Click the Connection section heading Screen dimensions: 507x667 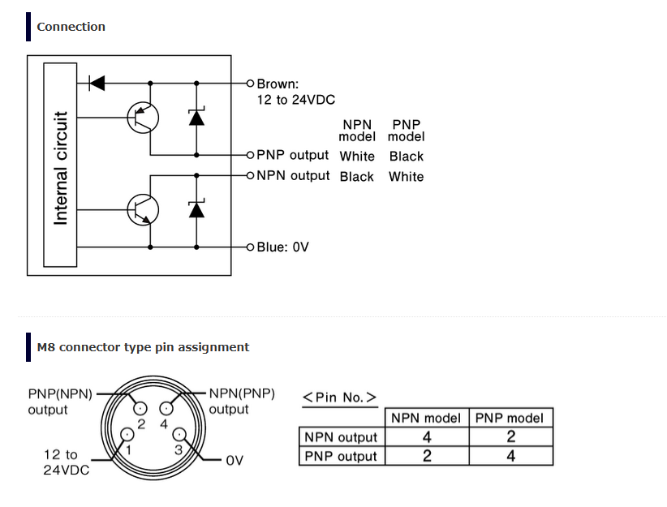(x=71, y=27)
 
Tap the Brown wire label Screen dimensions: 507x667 (x=278, y=84)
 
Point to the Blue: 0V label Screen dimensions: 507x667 (x=282, y=247)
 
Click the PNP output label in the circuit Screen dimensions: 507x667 (x=292, y=155)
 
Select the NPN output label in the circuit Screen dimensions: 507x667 (x=293, y=175)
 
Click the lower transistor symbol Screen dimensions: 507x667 (x=144, y=210)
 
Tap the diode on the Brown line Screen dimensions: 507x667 (x=97, y=83)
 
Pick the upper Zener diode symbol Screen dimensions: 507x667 (x=196, y=118)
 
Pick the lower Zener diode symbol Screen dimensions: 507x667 (x=196, y=209)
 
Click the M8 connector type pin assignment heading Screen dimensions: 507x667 (x=143, y=347)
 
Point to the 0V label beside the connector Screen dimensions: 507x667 (x=235, y=460)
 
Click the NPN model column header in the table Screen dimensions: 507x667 (x=426, y=419)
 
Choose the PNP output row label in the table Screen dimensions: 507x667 (x=341, y=456)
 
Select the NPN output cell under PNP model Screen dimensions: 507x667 (x=510, y=437)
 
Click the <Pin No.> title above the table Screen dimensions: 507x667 (x=339, y=397)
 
